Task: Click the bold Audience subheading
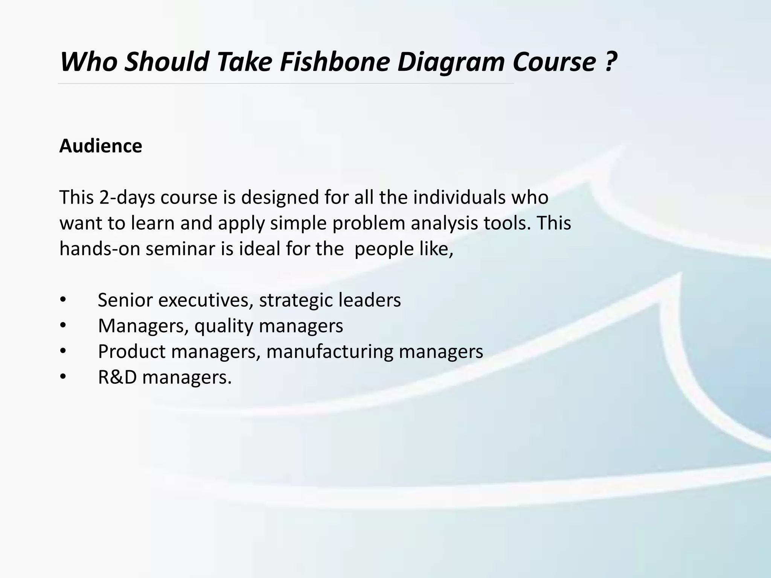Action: point(101,146)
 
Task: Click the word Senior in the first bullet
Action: point(125,300)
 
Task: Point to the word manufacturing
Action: point(330,351)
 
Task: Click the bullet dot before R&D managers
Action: point(63,377)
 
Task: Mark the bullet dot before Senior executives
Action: point(63,300)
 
